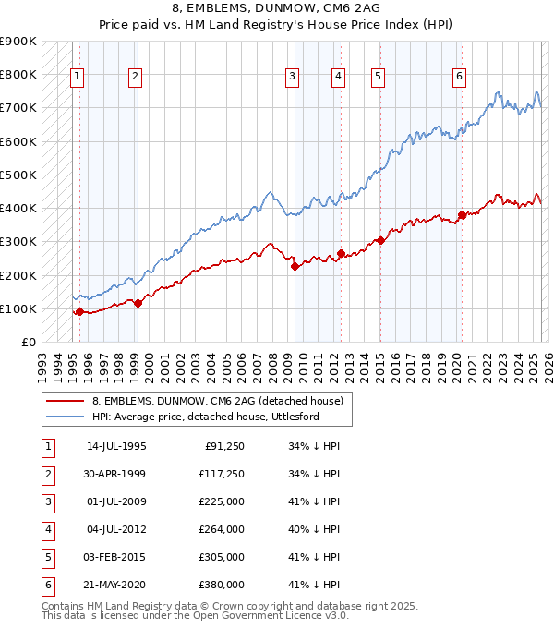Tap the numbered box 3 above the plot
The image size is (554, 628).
[292, 77]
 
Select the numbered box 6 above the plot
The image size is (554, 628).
[459, 77]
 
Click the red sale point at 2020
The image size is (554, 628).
[462, 215]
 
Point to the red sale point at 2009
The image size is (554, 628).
[295, 266]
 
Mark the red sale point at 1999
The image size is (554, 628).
[138, 302]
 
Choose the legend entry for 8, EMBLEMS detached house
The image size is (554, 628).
[217, 401]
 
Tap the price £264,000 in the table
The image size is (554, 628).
[223, 529]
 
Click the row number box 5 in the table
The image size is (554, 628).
[46, 557]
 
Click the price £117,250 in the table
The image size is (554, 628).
[223, 474]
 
